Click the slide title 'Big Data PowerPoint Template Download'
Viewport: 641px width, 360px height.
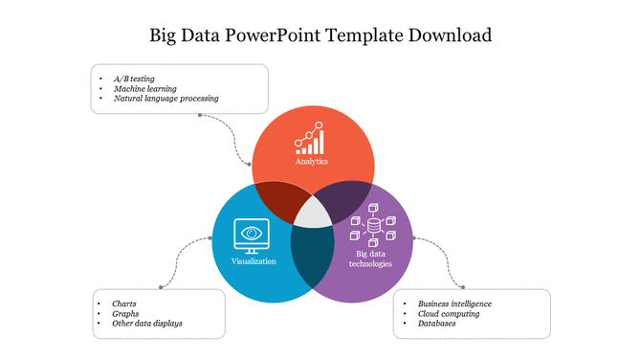point(320,36)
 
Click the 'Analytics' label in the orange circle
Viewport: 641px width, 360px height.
point(312,162)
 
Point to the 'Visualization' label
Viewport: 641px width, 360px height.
point(254,261)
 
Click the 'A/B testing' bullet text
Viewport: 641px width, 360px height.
point(134,78)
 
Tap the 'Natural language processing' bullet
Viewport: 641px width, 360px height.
point(166,99)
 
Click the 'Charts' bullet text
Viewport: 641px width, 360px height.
point(124,303)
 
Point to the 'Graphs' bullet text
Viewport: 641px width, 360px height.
point(126,313)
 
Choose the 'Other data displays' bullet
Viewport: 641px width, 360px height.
point(146,324)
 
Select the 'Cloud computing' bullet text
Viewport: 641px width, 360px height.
point(449,313)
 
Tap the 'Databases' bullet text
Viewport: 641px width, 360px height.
point(436,324)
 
